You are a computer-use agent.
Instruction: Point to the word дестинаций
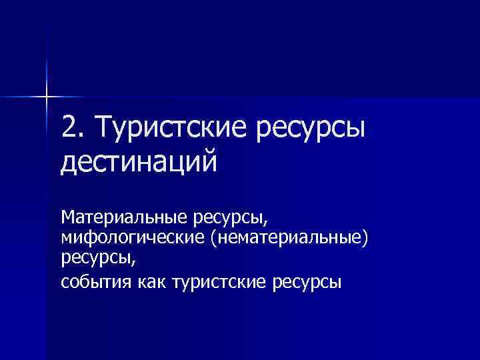(x=139, y=162)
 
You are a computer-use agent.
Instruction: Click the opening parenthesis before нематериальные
(x=214, y=238)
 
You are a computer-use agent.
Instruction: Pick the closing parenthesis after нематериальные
(x=365, y=238)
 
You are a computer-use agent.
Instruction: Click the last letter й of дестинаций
(x=209, y=160)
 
